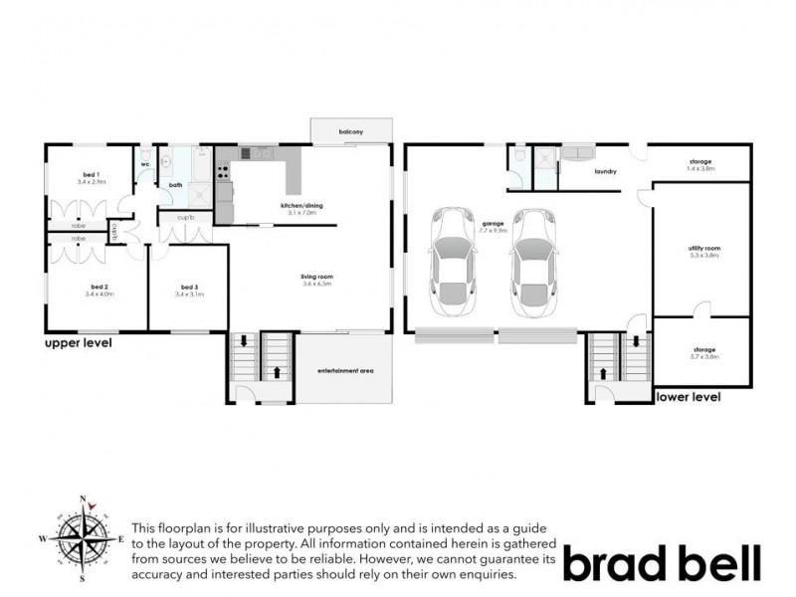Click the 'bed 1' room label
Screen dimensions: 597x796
point(91,177)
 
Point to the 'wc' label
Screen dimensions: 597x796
point(144,164)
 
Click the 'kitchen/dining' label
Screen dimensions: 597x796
point(301,207)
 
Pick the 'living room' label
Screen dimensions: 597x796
point(317,279)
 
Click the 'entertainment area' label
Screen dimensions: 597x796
point(345,371)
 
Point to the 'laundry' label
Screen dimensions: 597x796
point(605,171)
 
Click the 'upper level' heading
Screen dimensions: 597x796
point(79,344)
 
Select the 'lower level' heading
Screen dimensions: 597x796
point(688,397)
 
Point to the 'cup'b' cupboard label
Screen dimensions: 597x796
point(185,218)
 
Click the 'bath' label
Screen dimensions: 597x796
point(175,185)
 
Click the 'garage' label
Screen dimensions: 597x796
point(490,223)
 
